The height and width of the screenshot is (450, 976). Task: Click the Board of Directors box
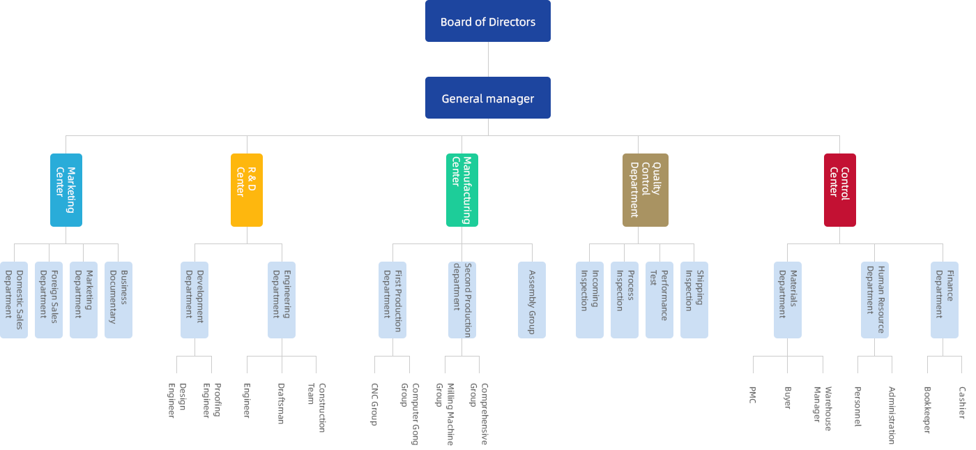coord(487,22)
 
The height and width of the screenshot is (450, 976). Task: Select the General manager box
coord(487,98)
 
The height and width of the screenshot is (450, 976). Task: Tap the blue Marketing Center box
coord(66,190)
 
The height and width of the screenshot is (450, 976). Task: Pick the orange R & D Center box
coord(246,190)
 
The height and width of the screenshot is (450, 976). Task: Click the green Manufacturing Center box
coord(462,190)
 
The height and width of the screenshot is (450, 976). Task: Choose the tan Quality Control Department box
coord(645,190)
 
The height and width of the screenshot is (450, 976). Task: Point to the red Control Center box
coord(839,190)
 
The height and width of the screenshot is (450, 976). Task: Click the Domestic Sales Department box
coord(14,299)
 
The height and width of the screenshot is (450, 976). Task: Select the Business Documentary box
coord(118,299)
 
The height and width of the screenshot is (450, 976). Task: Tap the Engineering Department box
coord(281,299)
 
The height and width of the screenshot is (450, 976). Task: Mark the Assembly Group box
coord(531,299)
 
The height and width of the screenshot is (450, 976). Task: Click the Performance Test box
coord(659,299)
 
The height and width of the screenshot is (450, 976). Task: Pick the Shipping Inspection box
coord(694,299)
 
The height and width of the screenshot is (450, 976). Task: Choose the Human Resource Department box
coord(874,299)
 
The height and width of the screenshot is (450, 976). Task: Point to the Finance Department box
coord(944,299)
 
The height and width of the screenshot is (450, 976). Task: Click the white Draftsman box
coord(281,410)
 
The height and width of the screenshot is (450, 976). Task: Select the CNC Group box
coord(374,410)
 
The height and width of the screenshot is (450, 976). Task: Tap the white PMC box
coord(752,410)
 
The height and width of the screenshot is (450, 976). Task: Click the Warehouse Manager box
coord(822,410)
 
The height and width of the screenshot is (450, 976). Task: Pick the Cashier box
coord(961,410)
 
